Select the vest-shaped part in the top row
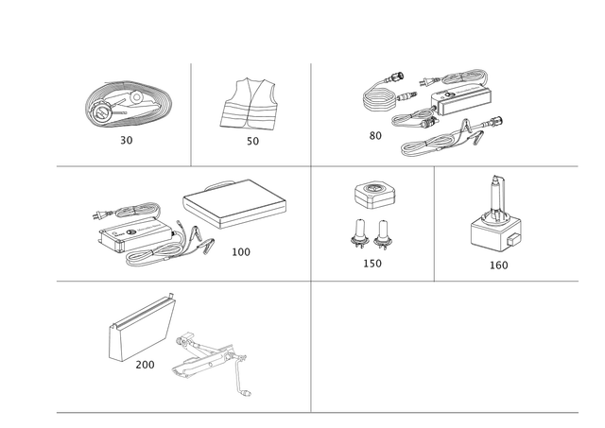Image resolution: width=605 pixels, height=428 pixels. (251, 105)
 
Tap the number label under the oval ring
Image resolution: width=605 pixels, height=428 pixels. (127, 140)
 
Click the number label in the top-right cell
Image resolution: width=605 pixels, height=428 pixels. (374, 136)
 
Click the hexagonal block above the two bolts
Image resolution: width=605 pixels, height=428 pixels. (372, 194)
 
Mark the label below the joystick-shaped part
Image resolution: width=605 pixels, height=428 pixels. (498, 265)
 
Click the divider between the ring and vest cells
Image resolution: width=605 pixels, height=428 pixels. (192, 113)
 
